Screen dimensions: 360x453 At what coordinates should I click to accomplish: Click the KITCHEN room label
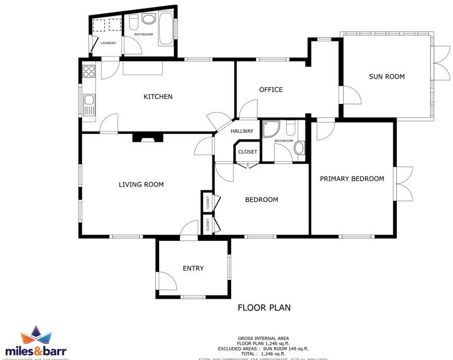pyautogui.click(x=158, y=96)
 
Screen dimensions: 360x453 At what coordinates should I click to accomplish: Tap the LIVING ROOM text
pyautogui.click(x=141, y=185)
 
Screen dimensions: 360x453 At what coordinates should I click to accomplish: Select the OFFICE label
pyautogui.click(x=271, y=90)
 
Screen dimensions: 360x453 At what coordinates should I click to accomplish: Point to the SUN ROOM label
pyautogui.click(x=386, y=76)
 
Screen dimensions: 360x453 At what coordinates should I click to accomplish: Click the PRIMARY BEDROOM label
pyautogui.click(x=352, y=179)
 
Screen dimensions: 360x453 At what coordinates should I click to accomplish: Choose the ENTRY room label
pyautogui.click(x=193, y=269)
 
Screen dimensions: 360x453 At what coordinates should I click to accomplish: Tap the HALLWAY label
pyautogui.click(x=242, y=131)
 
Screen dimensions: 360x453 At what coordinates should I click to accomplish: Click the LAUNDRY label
pyautogui.click(x=108, y=43)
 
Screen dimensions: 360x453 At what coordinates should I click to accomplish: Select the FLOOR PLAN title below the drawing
pyautogui.click(x=264, y=307)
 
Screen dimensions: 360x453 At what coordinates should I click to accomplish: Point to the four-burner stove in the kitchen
pyautogui.click(x=89, y=71)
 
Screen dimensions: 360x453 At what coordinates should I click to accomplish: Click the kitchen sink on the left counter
pyautogui.click(x=89, y=107)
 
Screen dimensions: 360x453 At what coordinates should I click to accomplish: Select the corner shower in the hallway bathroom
pyautogui.click(x=271, y=128)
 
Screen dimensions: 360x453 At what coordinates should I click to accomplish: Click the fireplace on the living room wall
pyautogui.click(x=147, y=138)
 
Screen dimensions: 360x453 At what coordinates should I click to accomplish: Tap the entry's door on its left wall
pyautogui.click(x=163, y=282)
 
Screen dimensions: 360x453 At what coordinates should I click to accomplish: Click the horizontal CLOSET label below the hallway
pyautogui.click(x=248, y=152)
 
